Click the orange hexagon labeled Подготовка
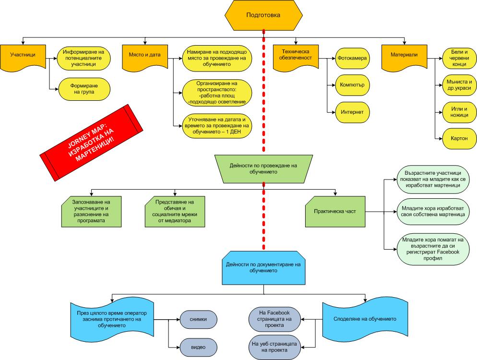point(263,15)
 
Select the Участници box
point(23,56)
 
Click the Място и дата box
point(144,56)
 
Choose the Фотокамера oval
point(352,58)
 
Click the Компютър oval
point(352,85)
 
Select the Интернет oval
point(352,112)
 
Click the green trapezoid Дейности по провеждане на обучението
point(263,168)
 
